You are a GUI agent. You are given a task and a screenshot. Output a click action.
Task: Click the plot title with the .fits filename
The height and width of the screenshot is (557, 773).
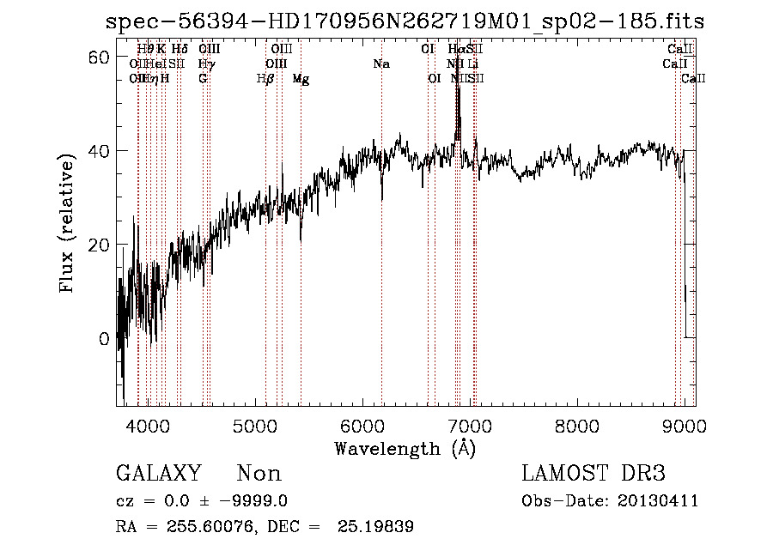pyautogui.click(x=405, y=22)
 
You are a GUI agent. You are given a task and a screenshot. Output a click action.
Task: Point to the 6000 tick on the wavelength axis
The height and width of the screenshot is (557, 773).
pyautogui.click(x=362, y=427)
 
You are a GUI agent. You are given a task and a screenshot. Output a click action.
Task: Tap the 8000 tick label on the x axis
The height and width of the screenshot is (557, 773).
pyautogui.click(x=576, y=427)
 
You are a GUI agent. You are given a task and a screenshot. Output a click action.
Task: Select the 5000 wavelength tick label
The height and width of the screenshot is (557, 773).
pyautogui.click(x=254, y=427)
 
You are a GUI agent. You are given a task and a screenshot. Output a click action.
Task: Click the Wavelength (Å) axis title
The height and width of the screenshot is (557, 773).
pyautogui.click(x=405, y=448)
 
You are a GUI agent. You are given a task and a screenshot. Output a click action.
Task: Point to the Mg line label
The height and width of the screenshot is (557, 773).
pyautogui.click(x=301, y=79)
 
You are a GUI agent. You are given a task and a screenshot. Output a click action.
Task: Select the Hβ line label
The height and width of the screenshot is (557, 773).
pyautogui.click(x=265, y=79)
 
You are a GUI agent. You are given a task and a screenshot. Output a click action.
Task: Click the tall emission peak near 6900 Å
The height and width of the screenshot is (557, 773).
pyautogui.click(x=458, y=94)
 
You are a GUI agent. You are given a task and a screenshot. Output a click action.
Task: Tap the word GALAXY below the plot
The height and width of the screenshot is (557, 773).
pyautogui.click(x=159, y=474)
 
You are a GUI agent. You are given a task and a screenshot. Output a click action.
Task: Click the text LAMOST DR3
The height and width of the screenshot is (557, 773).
pyautogui.click(x=593, y=474)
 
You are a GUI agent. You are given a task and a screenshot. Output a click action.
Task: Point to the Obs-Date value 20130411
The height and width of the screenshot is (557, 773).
pyautogui.click(x=660, y=501)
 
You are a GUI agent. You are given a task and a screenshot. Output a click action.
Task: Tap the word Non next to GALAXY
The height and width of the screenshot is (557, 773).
pyautogui.click(x=259, y=474)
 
